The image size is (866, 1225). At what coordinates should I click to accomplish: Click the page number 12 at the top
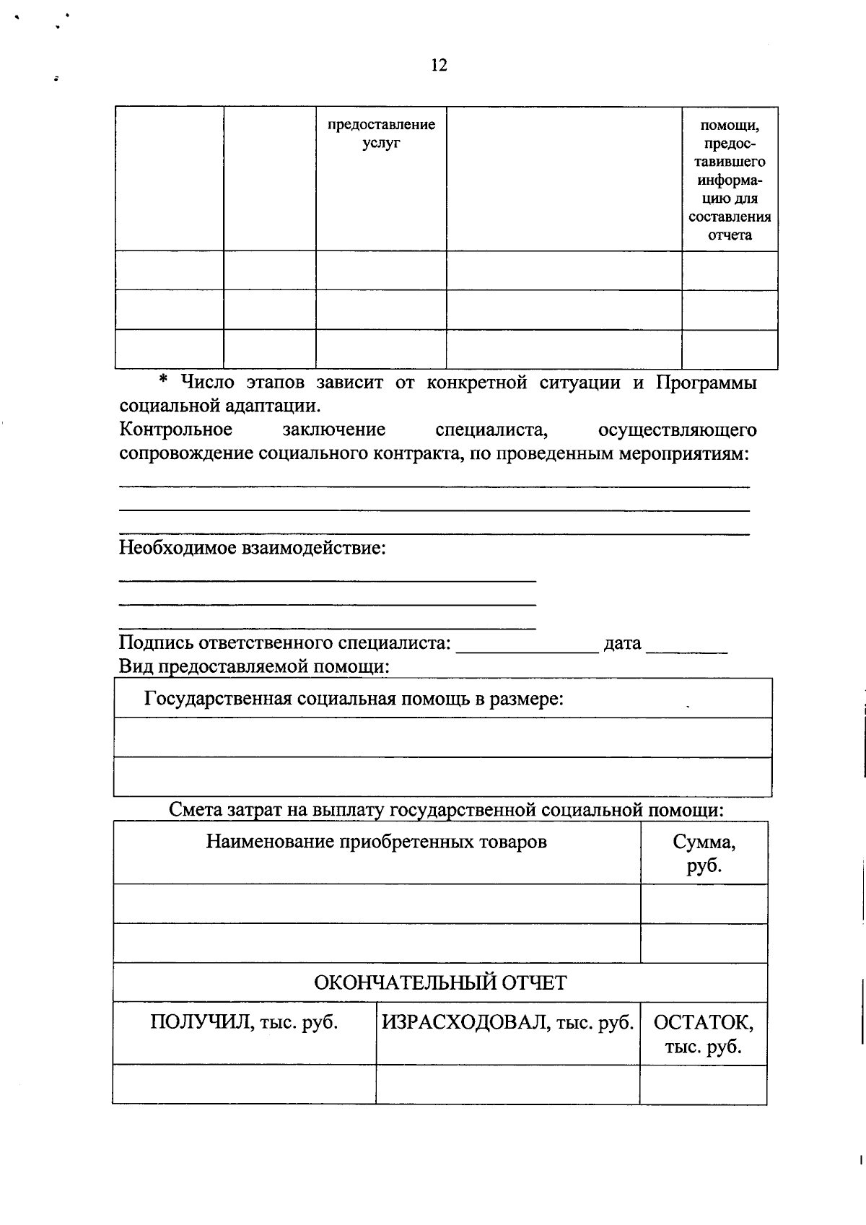pyautogui.click(x=439, y=66)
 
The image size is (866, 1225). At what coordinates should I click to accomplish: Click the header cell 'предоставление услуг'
pyautogui.click(x=381, y=134)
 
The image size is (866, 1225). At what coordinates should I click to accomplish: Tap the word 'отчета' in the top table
pyautogui.click(x=730, y=235)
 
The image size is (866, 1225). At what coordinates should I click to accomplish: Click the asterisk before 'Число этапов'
pyautogui.click(x=163, y=381)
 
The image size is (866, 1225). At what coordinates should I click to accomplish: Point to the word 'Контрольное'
pyautogui.click(x=176, y=430)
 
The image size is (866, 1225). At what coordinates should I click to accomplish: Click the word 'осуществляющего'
pyautogui.click(x=677, y=430)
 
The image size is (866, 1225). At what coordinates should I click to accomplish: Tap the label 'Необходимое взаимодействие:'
pyautogui.click(x=253, y=548)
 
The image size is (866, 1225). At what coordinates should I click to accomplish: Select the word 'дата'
pyautogui.click(x=622, y=642)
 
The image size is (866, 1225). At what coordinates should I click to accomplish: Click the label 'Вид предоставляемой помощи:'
pyautogui.click(x=254, y=666)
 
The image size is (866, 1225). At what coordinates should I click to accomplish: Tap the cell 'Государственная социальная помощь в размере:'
pyautogui.click(x=354, y=699)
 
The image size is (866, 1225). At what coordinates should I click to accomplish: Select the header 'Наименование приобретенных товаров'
pyautogui.click(x=376, y=842)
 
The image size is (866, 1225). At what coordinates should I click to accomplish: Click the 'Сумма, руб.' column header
pyautogui.click(x=704, y=853)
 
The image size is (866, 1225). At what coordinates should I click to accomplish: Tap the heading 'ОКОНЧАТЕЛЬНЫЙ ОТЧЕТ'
pyautogui.click(x=440, y=982)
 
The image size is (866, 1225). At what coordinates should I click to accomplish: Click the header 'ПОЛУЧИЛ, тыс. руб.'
pyautogui.click(x=244, y=1022)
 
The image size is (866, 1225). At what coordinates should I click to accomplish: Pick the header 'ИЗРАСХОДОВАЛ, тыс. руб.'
pyautogui.click(x=507, y=1022)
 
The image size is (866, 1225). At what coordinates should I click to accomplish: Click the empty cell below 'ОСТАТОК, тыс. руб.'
pyautogui.click(x=703, y=1084)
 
